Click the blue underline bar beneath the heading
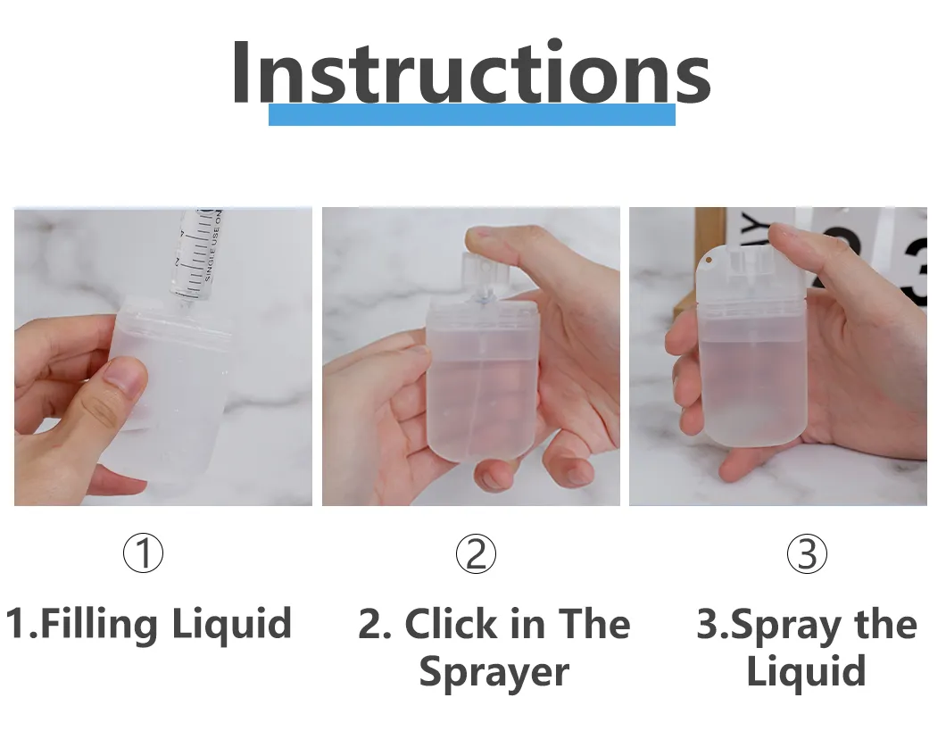coord(471,115)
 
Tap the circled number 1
coord(143,554)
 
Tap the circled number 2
coord(476,554)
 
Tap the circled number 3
coord(807,554)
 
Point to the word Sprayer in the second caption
coord(494,671)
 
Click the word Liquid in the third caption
coord(806,671)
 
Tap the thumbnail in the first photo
coord(125,378)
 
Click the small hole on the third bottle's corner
coord(708,260)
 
